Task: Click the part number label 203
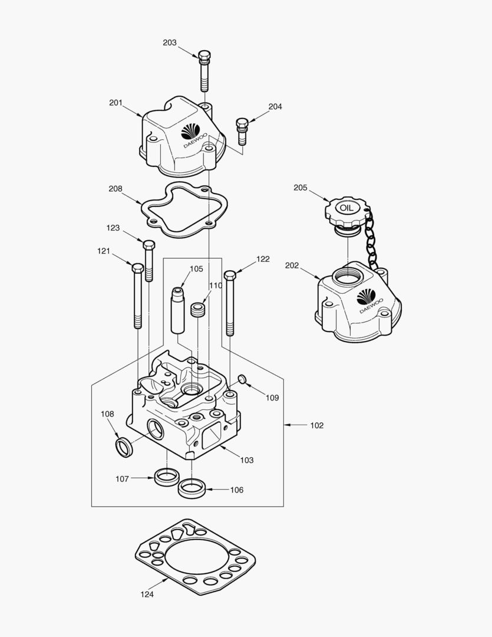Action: [x=170, y=42]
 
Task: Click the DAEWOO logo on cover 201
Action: [x=191, y=132]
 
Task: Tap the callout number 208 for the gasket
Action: [x=115, y=189]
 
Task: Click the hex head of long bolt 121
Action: [x=137, y=268]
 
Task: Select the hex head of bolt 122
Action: [x=230, y=274]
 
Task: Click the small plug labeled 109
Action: [x=242, y=378]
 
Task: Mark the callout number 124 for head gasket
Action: [x=147, y=595]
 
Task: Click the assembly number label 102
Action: [x=316, y=425]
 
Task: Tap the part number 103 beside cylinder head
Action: [x=246, y=460]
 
